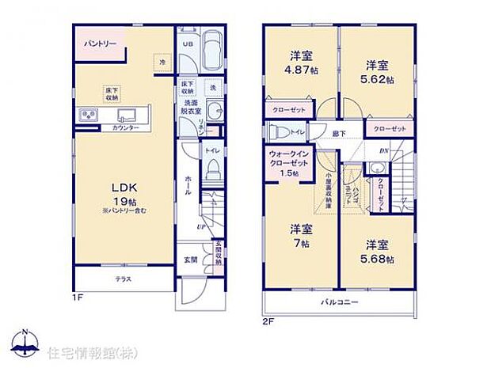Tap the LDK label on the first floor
(x=124, y=187)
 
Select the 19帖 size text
(x=125, y=202)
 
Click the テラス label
(x=123, y=279)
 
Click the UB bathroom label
(x=187, y=44)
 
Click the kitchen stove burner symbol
(x=86, y=116)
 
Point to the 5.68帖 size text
(x=379, y=256)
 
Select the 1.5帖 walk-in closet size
(x=287, y=173)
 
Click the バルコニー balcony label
(x=340, y=302)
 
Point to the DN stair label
(x=384, y=152)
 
